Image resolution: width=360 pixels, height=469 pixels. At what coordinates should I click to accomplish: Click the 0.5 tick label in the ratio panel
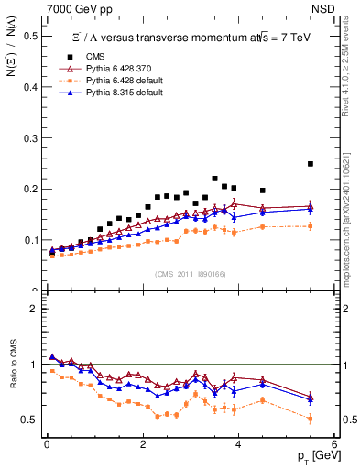coord(32,420)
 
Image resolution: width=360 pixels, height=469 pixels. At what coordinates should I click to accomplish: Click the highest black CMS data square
coord(311,164)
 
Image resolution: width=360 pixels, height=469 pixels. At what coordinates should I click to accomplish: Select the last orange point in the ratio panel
coord(311,419)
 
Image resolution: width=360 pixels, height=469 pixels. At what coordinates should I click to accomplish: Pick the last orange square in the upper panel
coord(311,226)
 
